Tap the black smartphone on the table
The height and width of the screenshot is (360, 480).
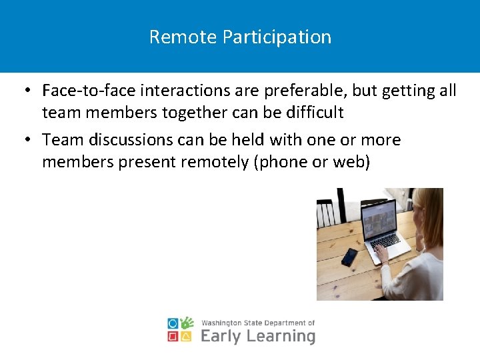pyautogui.click(x=349, y=257)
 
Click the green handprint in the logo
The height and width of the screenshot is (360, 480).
pyautogui.click(x=187, y=323)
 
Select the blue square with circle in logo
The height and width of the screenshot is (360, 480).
pyautogui.click(x=173, y=323)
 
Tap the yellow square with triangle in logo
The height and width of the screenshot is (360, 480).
pyautogui.click(x=187, y=337)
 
